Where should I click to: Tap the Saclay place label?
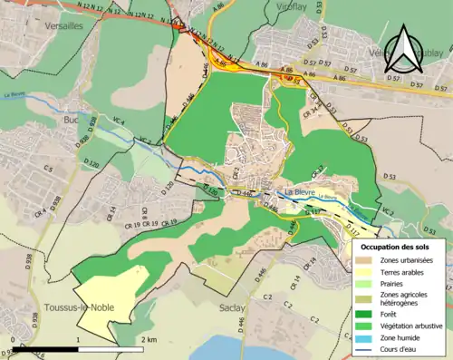pos(232,308)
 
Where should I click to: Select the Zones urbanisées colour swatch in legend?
pos(367,261)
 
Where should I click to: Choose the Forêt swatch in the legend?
pos(367,315)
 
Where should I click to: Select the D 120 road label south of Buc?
pos(91,164)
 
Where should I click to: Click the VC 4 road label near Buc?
pos(118,123)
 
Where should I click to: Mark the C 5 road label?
pos(47,170)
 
